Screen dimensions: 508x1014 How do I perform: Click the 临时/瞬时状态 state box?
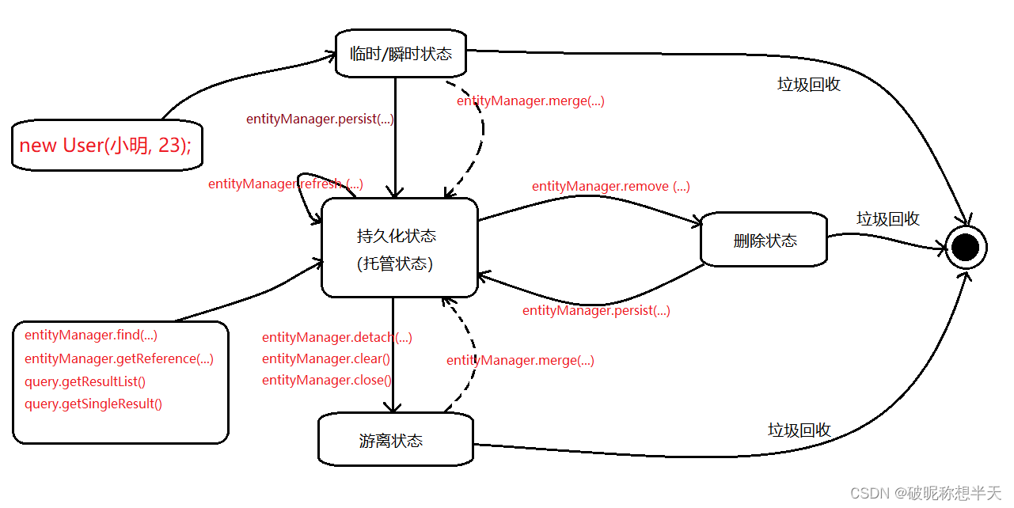click(x=401, y=54)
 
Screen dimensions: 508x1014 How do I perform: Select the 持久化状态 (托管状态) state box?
click(x=399, y=248)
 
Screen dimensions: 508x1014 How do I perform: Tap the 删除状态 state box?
click(x=764, y=241)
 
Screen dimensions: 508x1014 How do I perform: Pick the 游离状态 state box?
click(x=395, y=440)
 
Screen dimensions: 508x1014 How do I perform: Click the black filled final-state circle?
click(x=966, y=248)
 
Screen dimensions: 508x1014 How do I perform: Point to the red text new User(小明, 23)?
click(x=105, y=146)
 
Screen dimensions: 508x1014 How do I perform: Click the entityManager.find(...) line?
click(x=91, y=335)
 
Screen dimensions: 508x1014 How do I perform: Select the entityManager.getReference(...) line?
click(x=119, y=358)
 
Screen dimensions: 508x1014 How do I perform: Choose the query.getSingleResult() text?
click(x=93, y=404)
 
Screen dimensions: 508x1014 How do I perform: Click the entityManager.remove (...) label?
click(x=610, y=186)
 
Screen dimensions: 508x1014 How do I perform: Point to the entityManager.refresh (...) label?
click(x=285, y=184)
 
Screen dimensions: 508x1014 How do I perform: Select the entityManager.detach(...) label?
click(x=336, y=337)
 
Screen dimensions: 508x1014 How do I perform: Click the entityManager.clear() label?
click(x=325, y=358)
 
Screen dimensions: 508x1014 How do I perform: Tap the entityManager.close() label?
click(x=326, y=380)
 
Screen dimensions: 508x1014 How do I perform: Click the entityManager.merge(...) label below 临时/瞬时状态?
click(x=530, y=100)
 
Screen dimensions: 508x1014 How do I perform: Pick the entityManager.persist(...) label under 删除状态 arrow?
click(x=596, y=310)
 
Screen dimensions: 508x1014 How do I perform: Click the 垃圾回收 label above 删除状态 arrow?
click(x=887, y=219)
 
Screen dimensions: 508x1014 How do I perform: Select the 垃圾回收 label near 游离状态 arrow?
click(x=799, y=430)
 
